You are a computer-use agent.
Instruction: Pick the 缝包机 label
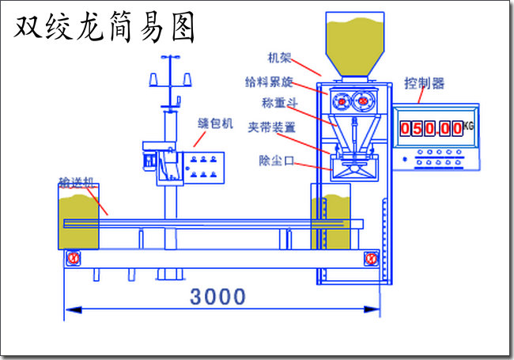pos(215,123)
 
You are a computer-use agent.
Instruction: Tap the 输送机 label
pos(76,183)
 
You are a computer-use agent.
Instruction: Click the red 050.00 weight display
pos(431,128)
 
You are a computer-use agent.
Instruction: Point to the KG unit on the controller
pos(469,126)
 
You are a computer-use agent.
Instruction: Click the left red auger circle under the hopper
pos(342,101)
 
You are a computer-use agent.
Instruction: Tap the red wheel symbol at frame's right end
pos(369,259)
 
